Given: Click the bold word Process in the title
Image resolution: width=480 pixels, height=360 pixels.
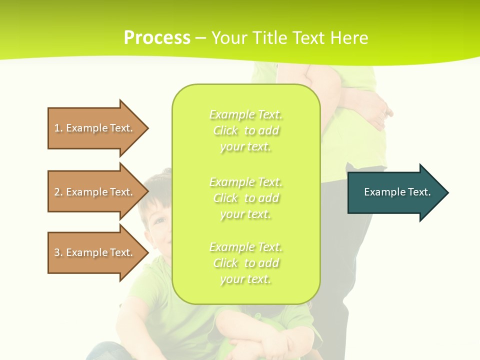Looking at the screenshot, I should (157, 38).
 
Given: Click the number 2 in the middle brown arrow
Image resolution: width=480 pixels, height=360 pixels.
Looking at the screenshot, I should (57, 192).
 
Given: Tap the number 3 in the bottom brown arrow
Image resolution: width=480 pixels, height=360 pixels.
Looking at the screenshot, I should (57, 252).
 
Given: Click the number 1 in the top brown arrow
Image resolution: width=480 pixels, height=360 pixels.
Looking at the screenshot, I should (57, 128).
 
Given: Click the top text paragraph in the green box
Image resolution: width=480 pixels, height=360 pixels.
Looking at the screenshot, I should (245, 130).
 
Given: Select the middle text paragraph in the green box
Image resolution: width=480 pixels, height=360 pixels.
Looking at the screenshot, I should (245, 198).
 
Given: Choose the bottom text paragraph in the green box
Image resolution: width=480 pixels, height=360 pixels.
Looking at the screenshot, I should (245, 263).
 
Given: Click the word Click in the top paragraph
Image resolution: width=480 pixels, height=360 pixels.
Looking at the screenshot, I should (225, 131).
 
